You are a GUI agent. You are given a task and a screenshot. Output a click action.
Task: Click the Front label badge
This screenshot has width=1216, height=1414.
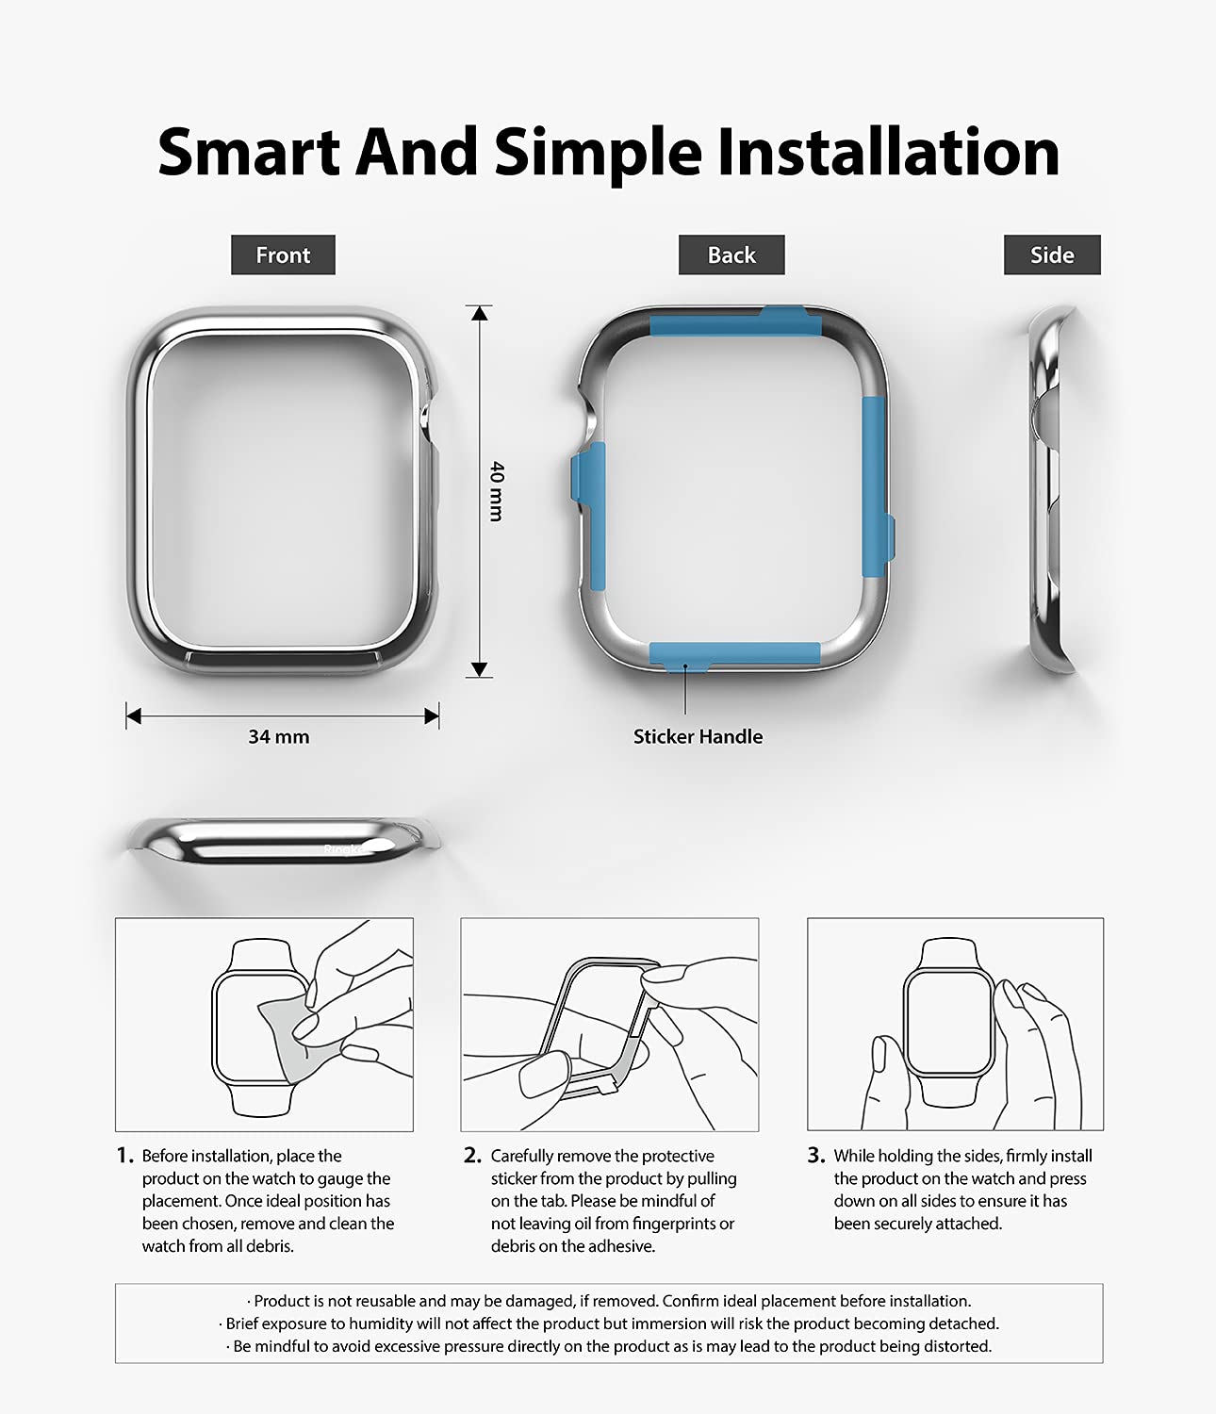283,255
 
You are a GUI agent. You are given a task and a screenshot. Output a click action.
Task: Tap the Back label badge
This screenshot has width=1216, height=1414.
731,255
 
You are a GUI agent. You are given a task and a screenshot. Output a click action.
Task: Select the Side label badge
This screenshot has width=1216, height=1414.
1052,255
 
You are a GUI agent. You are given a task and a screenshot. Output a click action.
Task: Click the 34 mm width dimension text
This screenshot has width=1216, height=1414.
278,737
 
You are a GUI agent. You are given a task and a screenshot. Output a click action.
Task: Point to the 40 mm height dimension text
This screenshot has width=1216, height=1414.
497,491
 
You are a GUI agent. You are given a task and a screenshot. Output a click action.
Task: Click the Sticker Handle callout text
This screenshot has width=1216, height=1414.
698,736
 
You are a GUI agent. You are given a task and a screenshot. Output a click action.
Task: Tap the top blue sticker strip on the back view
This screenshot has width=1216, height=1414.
736,323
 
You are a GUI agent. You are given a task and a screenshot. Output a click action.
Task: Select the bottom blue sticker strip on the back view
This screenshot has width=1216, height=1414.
734,655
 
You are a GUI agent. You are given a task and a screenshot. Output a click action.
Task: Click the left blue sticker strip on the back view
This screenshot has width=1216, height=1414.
589,515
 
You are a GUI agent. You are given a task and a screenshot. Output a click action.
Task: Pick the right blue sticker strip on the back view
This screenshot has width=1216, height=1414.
876,487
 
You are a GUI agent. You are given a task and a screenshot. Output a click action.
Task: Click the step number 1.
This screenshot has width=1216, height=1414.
124,1156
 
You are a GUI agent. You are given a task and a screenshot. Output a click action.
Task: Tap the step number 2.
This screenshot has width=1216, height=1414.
472,1156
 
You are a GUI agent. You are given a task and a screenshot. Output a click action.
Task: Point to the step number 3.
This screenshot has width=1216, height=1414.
816,1156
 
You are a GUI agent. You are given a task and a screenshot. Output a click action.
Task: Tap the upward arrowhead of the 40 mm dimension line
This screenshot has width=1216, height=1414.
480,313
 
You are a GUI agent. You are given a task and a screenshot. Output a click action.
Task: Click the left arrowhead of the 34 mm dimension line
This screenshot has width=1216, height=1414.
134,716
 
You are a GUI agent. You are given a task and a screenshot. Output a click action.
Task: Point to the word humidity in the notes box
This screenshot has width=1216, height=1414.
380,1323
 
